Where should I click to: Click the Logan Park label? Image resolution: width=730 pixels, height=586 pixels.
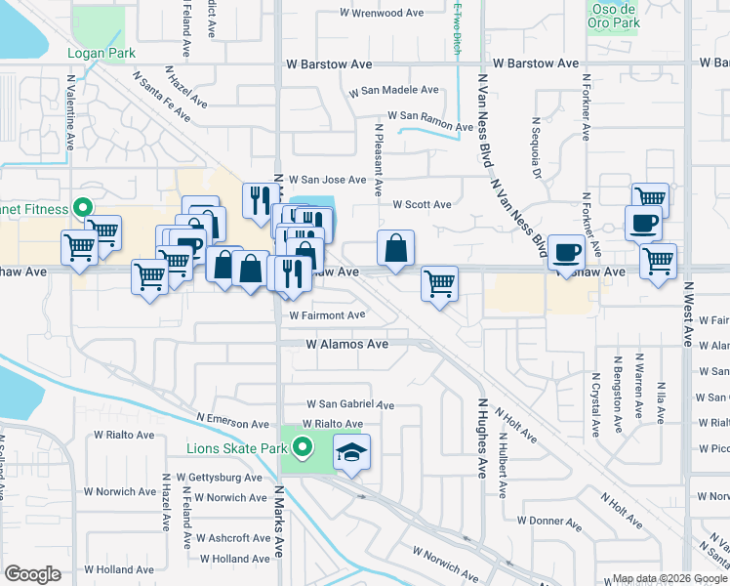coord(101,54)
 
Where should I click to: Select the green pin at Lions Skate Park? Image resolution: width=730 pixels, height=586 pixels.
coord(303,449)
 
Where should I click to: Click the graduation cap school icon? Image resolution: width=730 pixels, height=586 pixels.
coord(352,452)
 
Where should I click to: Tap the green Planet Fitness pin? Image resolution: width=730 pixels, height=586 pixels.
coord(84,208)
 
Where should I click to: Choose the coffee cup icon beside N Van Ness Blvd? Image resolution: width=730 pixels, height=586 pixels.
coord(566,252)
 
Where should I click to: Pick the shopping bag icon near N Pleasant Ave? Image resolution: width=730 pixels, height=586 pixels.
coord(395,249)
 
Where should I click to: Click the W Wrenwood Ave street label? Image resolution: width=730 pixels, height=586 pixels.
coord(382,14)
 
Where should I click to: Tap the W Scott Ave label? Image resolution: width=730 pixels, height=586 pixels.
coord(422,205)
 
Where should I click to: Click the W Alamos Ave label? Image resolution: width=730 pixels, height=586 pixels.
coord(347,345)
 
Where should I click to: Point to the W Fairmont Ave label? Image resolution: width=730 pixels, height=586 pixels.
coord(327,315)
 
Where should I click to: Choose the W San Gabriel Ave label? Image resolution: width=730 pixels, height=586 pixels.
coord(350,404)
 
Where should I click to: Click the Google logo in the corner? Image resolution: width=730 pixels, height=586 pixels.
coord(32,574)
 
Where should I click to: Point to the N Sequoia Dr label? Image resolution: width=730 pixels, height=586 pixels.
coord(536,147)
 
